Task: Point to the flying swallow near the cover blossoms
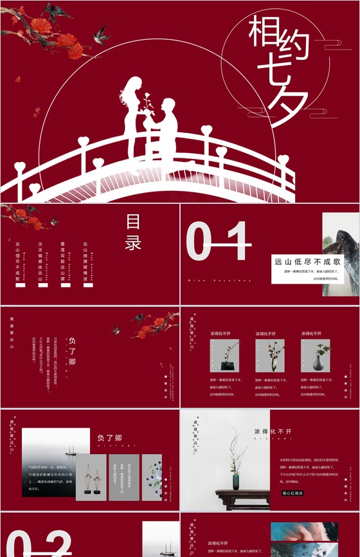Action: click(x=100, y=33)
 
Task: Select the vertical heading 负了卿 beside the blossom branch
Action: click(x=73, y=352)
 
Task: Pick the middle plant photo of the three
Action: click(x=270, y=355)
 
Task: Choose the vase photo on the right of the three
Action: click(x=316, y=355)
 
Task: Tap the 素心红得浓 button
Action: click(x=292, y=493)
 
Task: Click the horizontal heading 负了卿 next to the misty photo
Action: click(x=110, y=438)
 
